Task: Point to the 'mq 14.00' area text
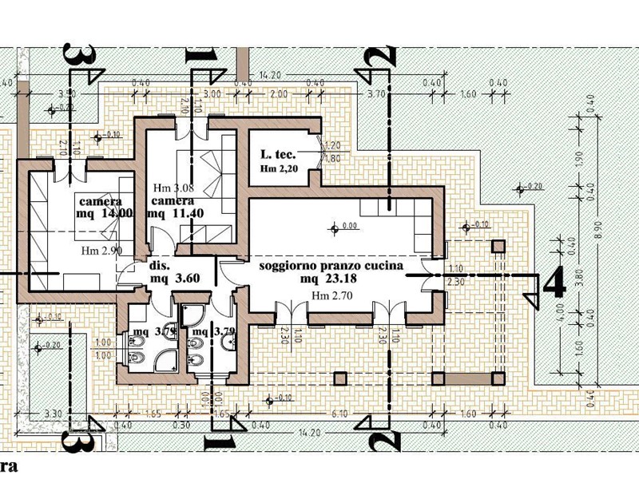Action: (100, 214)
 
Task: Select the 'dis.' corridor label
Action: (161, 266)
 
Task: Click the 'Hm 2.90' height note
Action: (101, 251)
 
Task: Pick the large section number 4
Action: (554, 284)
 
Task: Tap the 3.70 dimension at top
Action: (376, 94)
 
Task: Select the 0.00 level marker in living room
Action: (348, 227)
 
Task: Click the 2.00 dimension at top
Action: (278, 94)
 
